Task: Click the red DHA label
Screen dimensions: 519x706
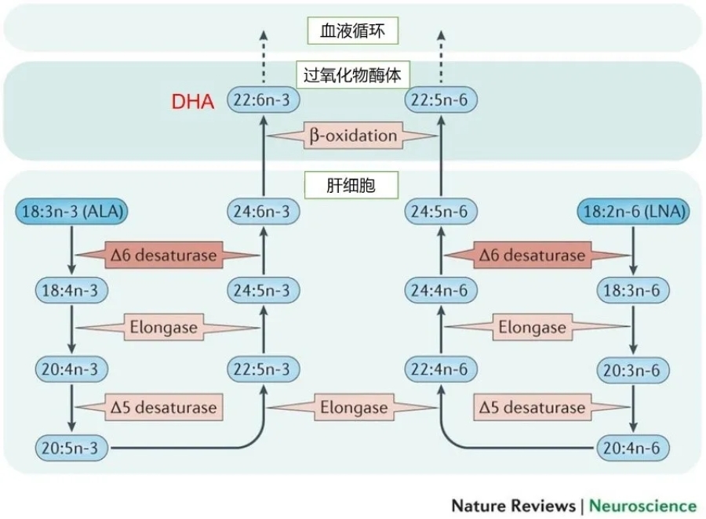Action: pyautogui.click(x=192, y=101)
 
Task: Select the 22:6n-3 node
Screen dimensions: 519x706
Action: pyautogui.click(x=264, y=100)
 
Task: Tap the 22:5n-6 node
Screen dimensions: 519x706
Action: pyautogui.click(x=441, y=100)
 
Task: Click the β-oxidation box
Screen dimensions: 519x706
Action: pyautogui.click(x=352, y=136)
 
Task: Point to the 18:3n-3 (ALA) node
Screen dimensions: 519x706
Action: pyautogui.click(x=71, y=211)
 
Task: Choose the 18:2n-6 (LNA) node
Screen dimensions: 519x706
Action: pyautogui.click(x=633, y=211)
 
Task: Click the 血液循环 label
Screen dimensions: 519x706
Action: pyautogui.click(x=352, y=31)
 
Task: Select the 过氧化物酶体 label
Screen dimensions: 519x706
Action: pyautogui.click(x=352, y=74)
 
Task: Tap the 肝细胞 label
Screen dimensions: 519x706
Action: pyautogui.click(x=352, y=186)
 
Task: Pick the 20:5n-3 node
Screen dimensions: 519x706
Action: pyautogui.click(x=71, y=448)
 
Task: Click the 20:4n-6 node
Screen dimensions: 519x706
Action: pyautogui.click(x=633, y=448)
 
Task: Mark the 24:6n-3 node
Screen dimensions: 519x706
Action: pyautogui.click(x=264, y=211)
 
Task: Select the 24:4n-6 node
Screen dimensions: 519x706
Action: pyautogui.click(x=441, y=290)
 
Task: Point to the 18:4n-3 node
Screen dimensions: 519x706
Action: pyautogui.click(x=71, y=290)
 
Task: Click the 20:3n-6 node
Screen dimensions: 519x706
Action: pyautogui.click(x=633, y=368)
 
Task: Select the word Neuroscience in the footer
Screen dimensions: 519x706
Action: pyautogui.click(x=642, y=505)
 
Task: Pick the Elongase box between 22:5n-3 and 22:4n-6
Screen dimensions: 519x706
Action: pyautogui.click(x=353, y=408)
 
